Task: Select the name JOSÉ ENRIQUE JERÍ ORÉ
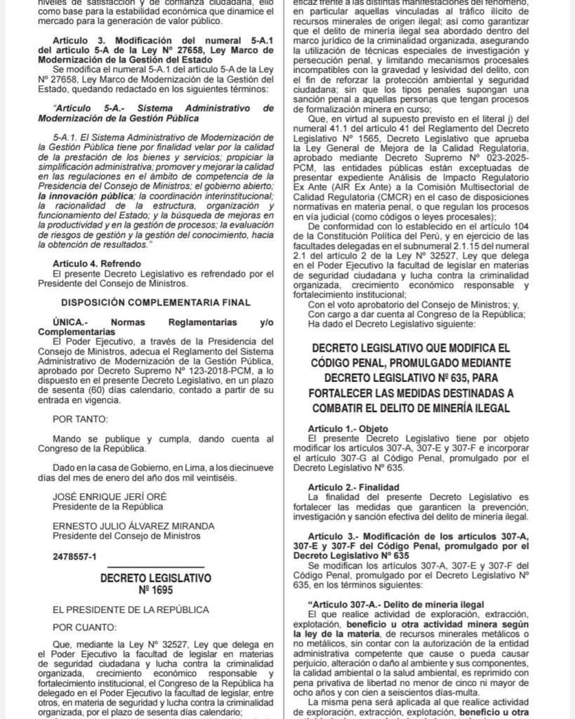click(110, 495)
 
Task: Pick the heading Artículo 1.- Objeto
click(348, 428)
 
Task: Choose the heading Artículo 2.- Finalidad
click(353, 486)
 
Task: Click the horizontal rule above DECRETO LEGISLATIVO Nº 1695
click(155, 567)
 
